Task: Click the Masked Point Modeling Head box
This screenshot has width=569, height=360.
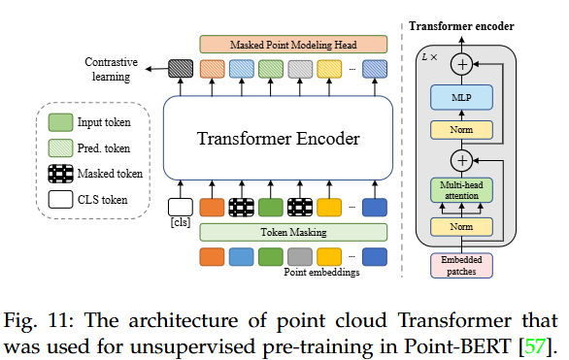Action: tap(292, 44)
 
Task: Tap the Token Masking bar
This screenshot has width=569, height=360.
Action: tap(292, 232)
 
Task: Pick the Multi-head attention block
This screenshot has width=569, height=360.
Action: tap(461, 190)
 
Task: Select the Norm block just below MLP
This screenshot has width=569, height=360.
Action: tap(461, 129)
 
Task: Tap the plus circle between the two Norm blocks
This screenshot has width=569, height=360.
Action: tap(462, 160)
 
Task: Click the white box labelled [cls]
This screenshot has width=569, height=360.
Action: tap(181, 207)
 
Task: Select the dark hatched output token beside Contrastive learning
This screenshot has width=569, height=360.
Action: tap(181, 68)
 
